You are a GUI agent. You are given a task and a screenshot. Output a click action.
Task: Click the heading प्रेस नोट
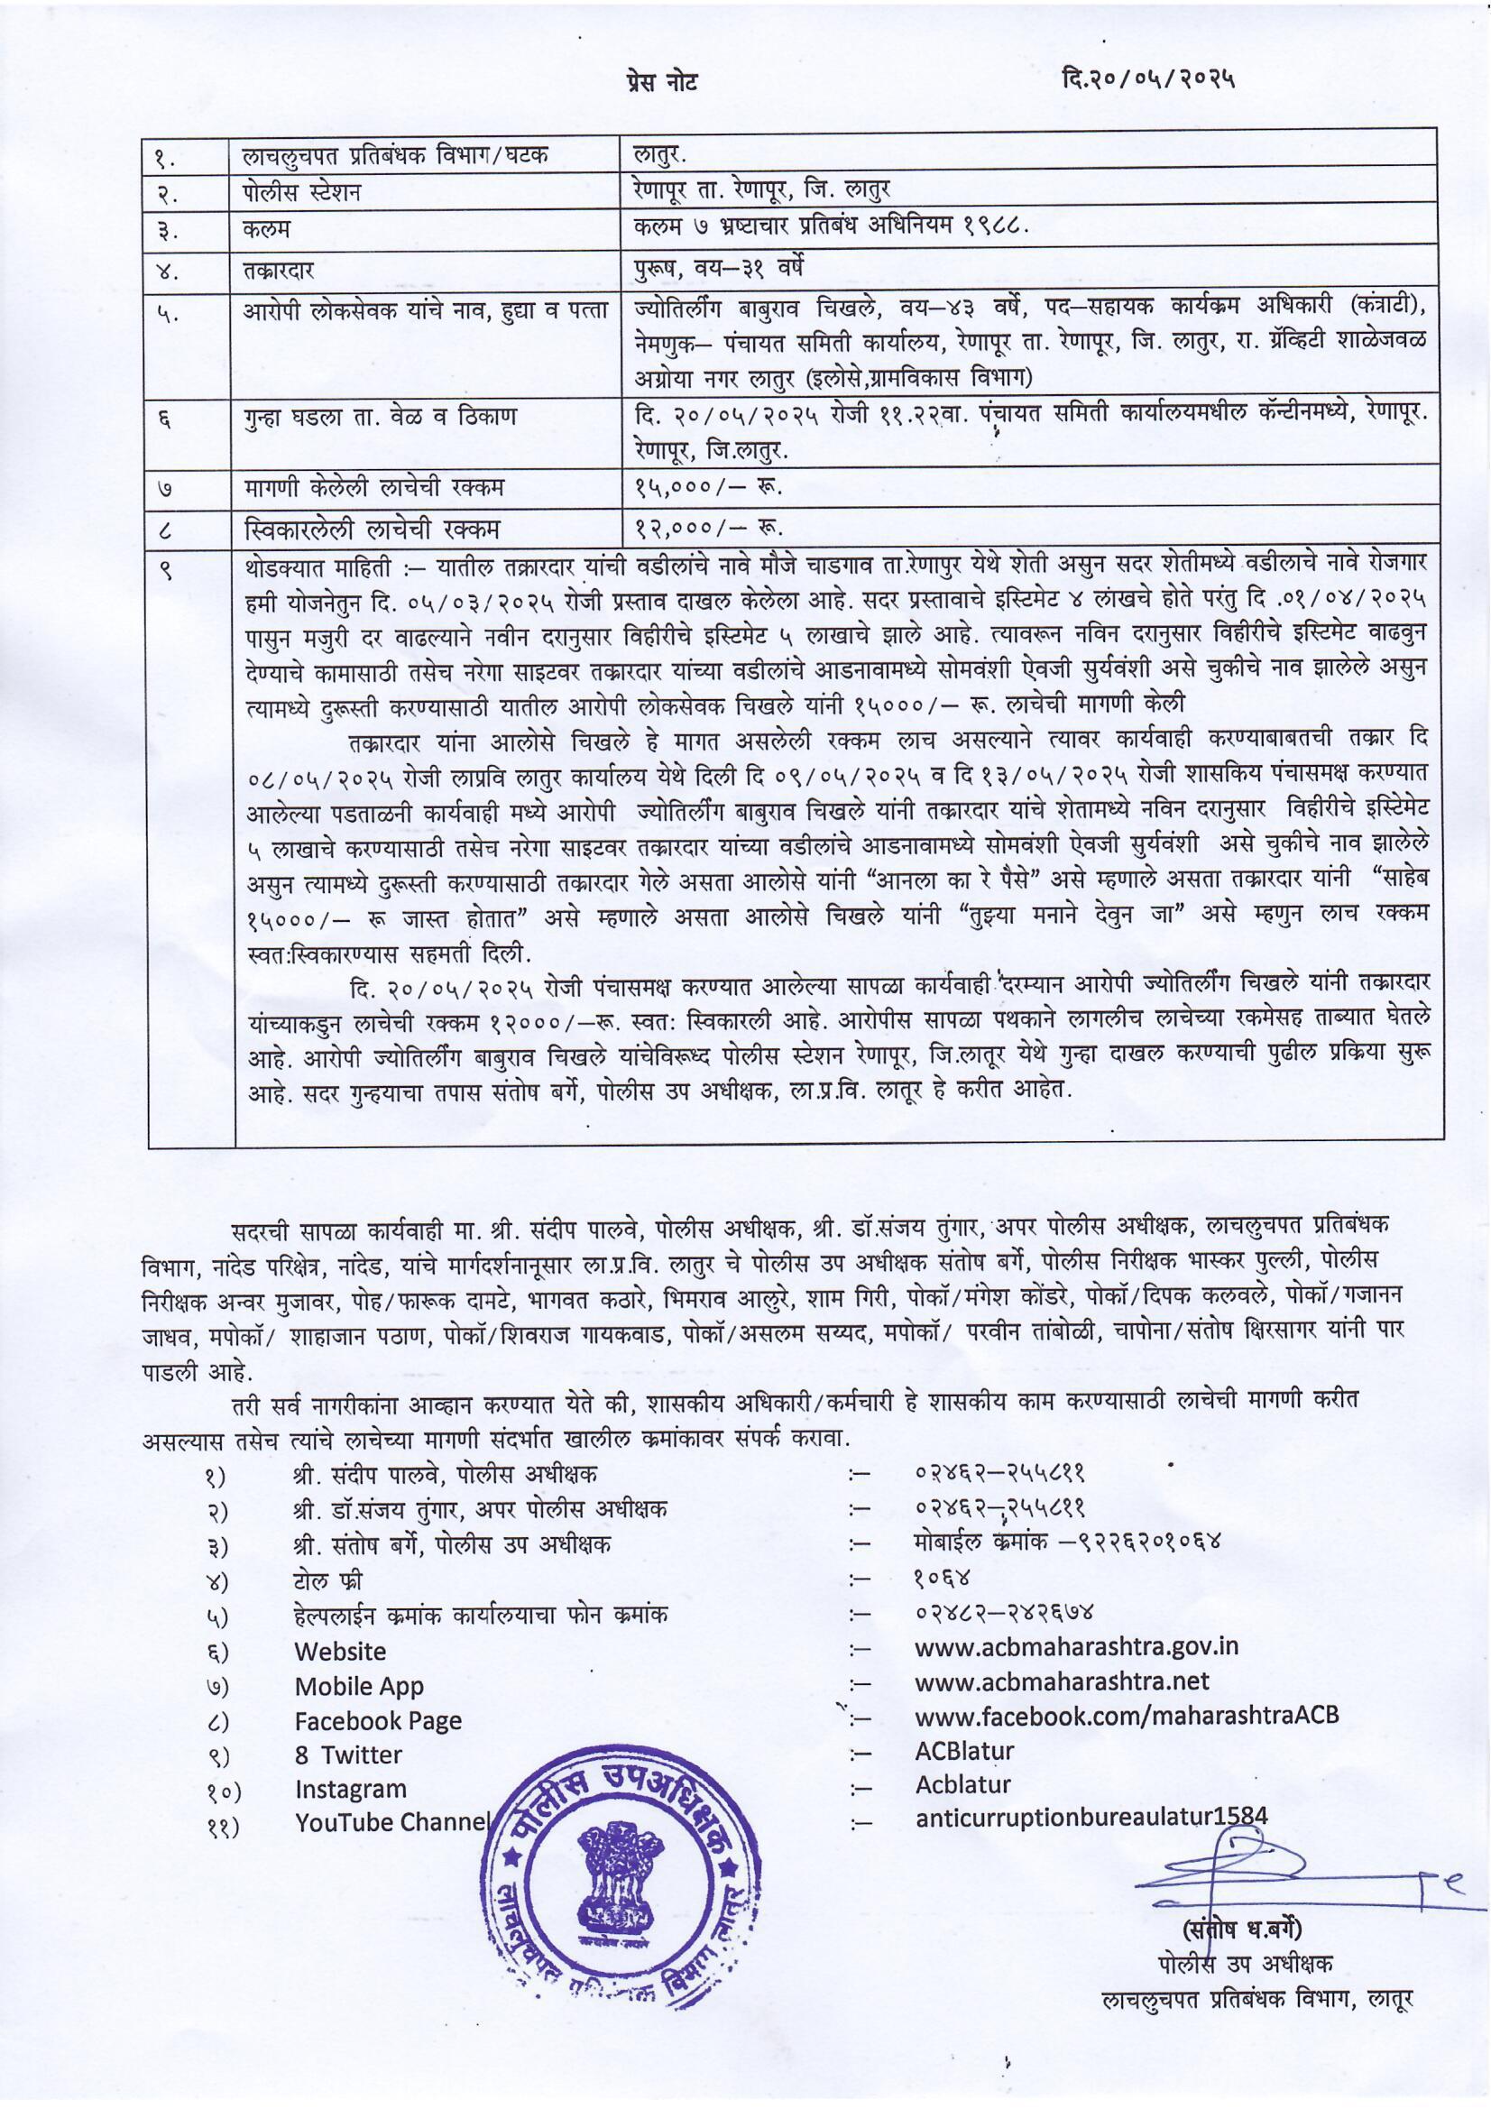(x=658, y=82)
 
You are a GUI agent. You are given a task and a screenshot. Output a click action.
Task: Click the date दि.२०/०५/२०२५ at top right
(x=1146, y=80)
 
